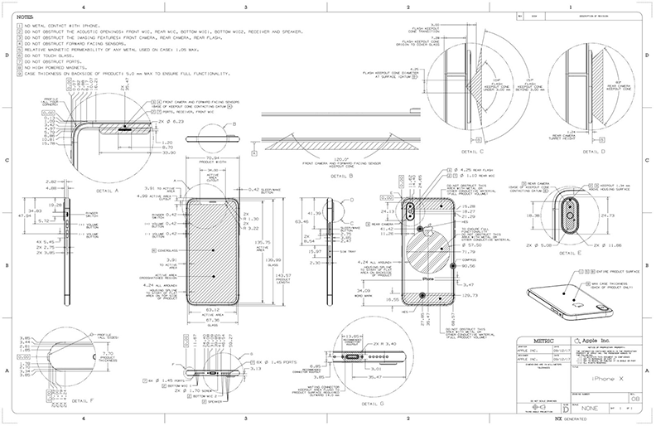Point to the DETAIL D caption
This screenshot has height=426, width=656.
[589, 152]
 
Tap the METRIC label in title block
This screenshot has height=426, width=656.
[530, 339]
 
